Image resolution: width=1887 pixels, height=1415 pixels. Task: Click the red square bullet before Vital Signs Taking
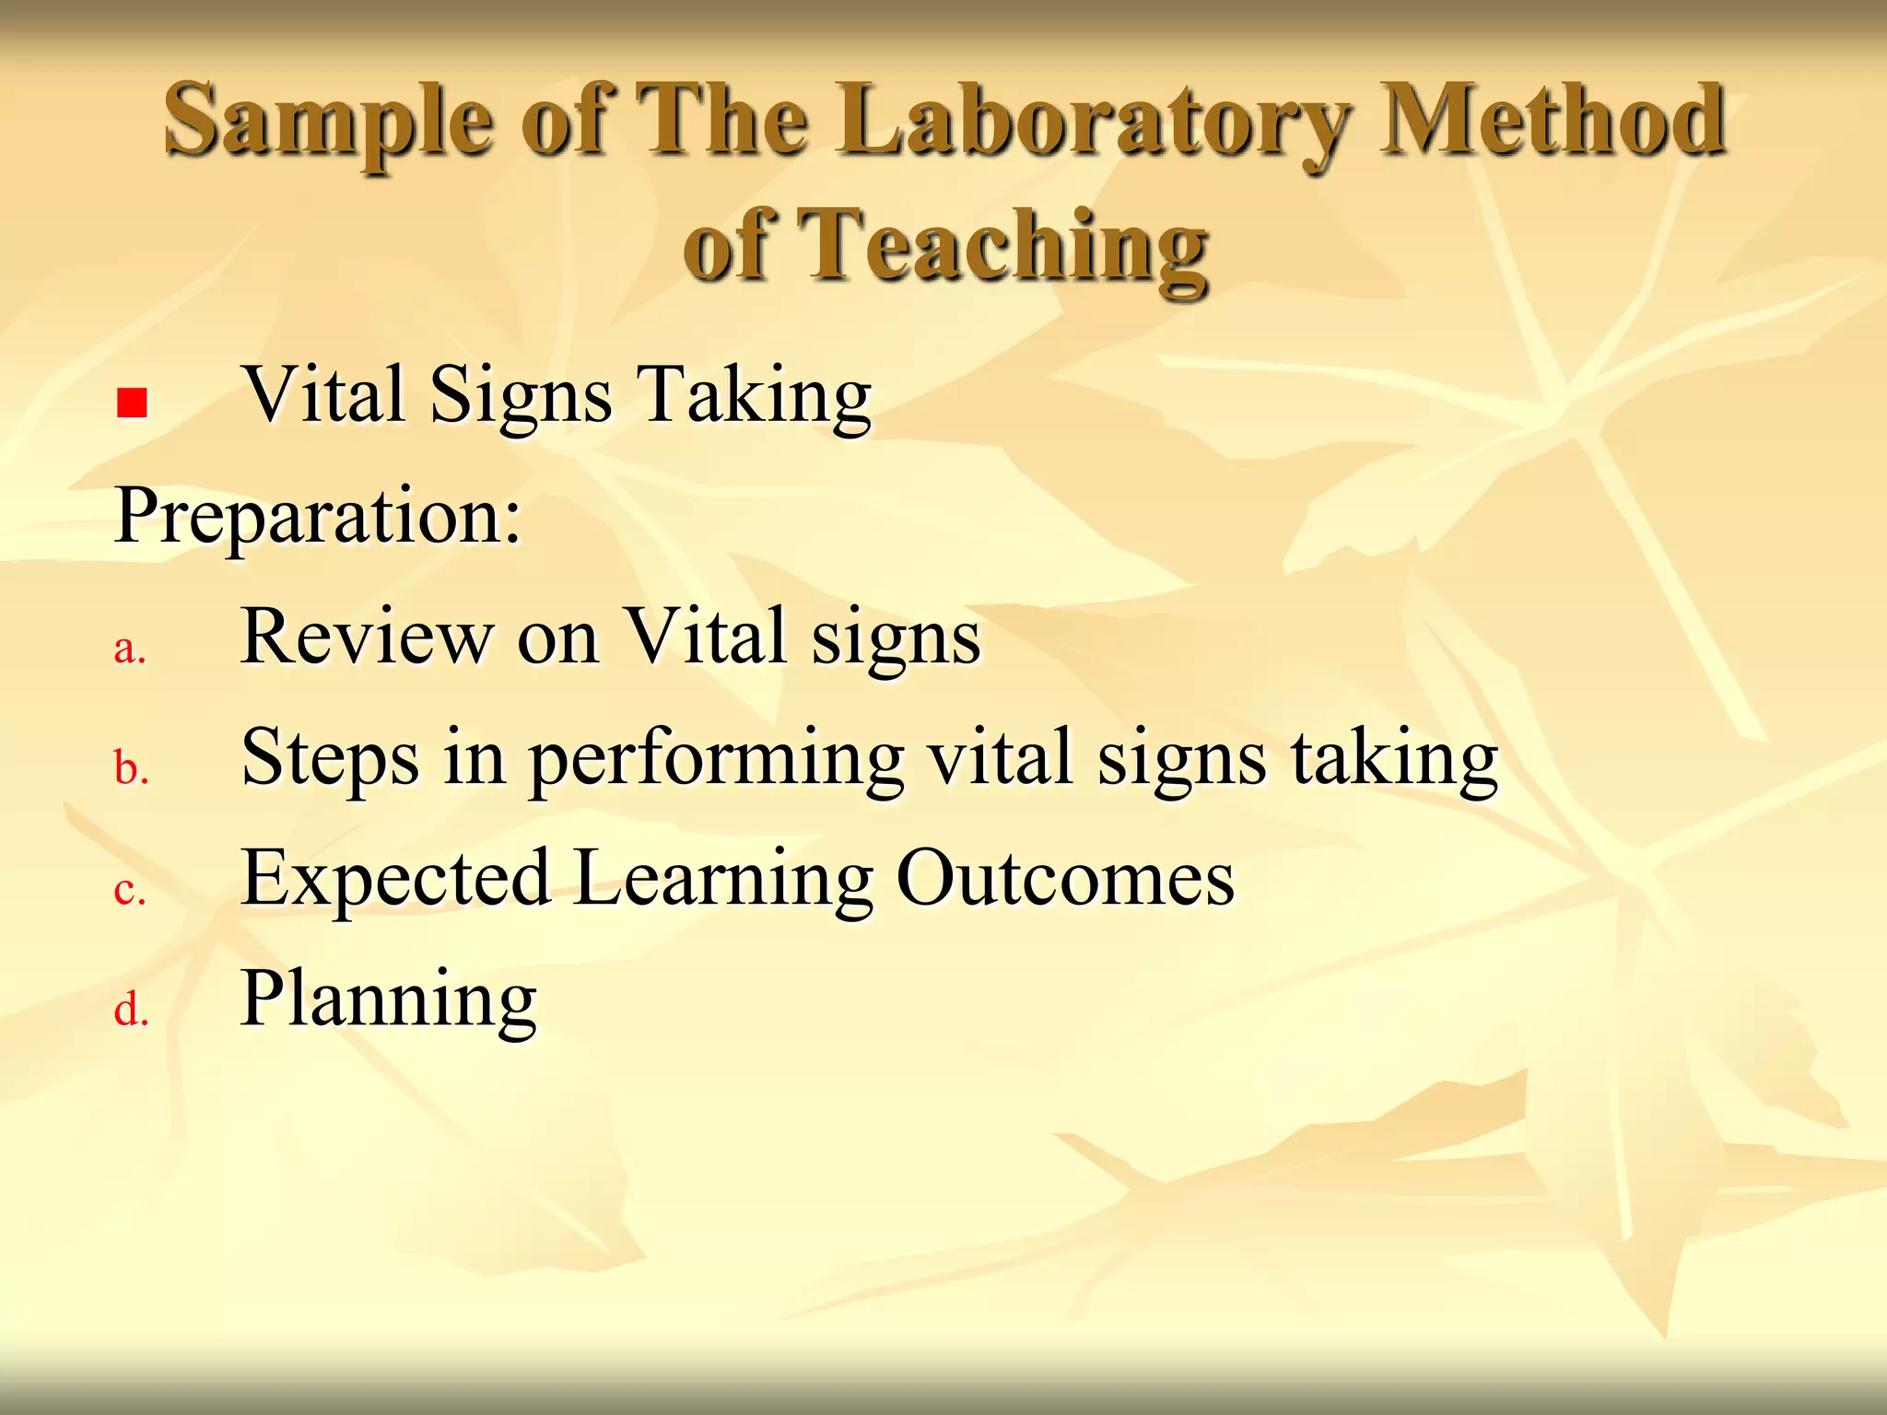[133, 403]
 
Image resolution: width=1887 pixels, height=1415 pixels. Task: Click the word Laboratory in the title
[1095, 122]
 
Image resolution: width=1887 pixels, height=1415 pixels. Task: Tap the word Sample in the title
[328, 122]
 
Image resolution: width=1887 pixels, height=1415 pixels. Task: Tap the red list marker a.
[130, 649]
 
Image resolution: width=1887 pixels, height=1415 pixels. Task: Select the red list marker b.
[131, 768]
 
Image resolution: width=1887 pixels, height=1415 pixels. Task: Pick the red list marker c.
[130, 890]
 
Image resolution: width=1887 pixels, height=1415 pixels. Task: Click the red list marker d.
[131, 1010]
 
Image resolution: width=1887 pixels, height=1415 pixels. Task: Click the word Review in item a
[367, 637]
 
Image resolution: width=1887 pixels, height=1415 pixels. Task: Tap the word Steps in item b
[330, 758]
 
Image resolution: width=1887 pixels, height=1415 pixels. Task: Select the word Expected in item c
[395, 879]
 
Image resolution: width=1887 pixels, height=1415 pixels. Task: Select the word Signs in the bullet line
[521, 396]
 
